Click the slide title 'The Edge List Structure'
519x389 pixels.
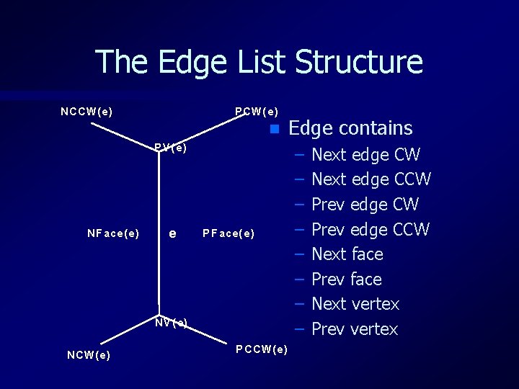[x=259, y=61]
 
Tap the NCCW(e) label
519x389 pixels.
[x=86, y=112]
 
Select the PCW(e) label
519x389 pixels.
[x=257, y=112]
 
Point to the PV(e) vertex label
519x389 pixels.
[x=171, y=148]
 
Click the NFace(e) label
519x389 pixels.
[x=113, y=233]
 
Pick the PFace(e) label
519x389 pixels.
[x=229, y=233]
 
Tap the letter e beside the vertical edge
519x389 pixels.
[x=172, y=233]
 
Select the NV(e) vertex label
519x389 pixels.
[x=172, y=323]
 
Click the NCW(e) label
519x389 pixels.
[x=89, y=355]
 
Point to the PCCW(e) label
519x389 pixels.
[x=262, y=349]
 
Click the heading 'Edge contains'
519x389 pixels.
[x=350, y=128]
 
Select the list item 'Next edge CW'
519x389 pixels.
[x=365, y=155]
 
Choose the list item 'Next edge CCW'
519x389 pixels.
[x=371, y=179]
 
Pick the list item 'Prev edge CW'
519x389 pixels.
[x=365, y=205]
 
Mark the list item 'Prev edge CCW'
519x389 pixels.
[x=370, y=230]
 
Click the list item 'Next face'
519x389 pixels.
[x=347, y=254]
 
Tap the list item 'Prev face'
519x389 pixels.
[x=346, y=280]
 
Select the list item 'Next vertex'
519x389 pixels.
[x=355, y=304]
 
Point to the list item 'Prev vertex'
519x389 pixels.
[x=354, y=329]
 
